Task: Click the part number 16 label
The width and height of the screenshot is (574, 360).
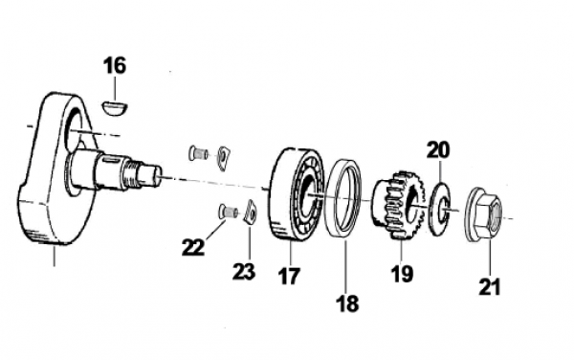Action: click(115, 65)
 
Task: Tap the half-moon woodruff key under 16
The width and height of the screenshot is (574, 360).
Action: click(114, 108)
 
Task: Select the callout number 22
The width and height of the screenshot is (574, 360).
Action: click(193, 247)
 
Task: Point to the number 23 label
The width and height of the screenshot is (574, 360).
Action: click(244, 271)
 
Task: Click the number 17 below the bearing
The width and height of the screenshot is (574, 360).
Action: click(289, 276)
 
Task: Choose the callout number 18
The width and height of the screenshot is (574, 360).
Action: click(347, 304)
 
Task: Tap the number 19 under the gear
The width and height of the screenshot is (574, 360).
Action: click(402, 273)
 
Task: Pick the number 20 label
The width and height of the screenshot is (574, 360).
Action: click(438, 150)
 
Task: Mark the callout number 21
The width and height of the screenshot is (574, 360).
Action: click(490, 286)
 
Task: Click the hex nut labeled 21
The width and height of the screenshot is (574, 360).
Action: click(484, 214)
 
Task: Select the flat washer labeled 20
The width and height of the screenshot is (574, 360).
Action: click(439, 208)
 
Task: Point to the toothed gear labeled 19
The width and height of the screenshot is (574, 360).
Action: click(398, 204)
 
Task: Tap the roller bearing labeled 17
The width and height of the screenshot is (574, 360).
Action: click(296, 194)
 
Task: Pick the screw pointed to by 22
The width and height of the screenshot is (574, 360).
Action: click(228, 212)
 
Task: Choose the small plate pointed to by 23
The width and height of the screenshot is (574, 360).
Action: click(251, 212)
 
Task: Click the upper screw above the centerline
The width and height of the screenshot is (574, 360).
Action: click(199, 153)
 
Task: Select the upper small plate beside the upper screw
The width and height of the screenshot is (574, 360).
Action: click(224, 158)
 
